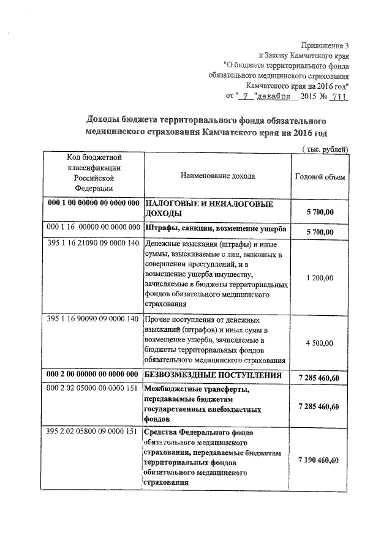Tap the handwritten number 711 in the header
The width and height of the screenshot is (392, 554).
(x=336, y=97)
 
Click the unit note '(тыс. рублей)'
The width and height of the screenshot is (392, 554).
(x=325, y=149)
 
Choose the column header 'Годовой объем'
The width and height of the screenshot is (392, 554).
(x=319, y=176)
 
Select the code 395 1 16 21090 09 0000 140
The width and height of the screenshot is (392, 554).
(x=93, y=244)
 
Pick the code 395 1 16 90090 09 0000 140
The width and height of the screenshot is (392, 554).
(x=93, y=320)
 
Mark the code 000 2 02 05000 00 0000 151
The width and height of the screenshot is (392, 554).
(x=93, y=388)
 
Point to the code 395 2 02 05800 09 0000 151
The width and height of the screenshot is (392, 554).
(x=93, y=433)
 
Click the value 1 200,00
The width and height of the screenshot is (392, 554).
(x=319, y=277)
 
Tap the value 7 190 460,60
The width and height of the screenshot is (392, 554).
(x=319, y=460)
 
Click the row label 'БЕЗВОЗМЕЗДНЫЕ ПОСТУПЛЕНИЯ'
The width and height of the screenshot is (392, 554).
(x=213, y=374)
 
